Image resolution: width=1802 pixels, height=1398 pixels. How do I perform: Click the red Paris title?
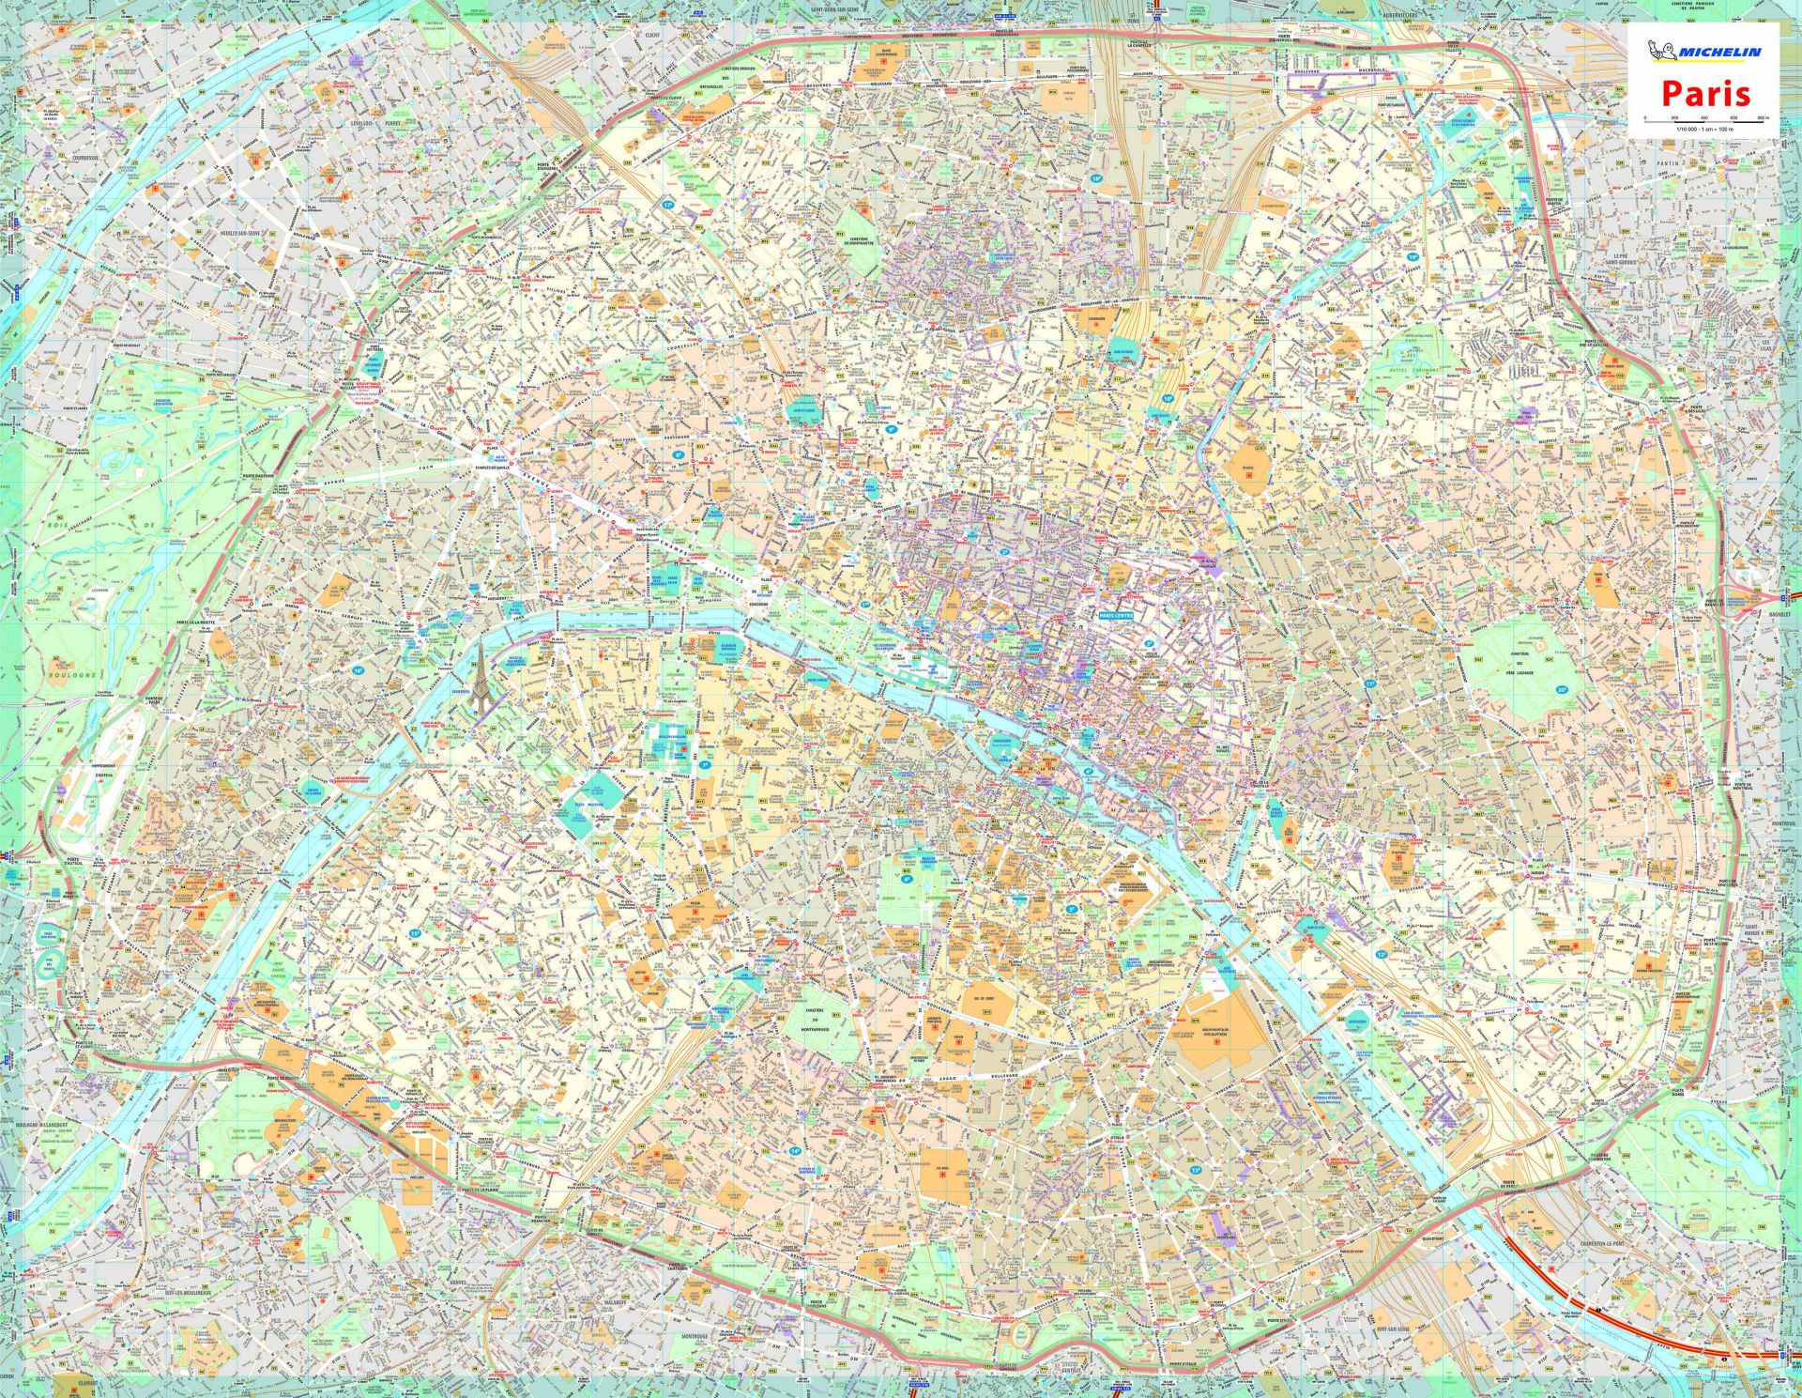(x=1705, y=93)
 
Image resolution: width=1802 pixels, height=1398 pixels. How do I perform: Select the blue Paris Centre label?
(x=1116, y=615)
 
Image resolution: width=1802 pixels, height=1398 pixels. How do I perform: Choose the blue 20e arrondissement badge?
(x=1561, y=689)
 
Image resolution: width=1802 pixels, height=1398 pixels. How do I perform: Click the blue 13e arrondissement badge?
(x=1196, y=1170)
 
